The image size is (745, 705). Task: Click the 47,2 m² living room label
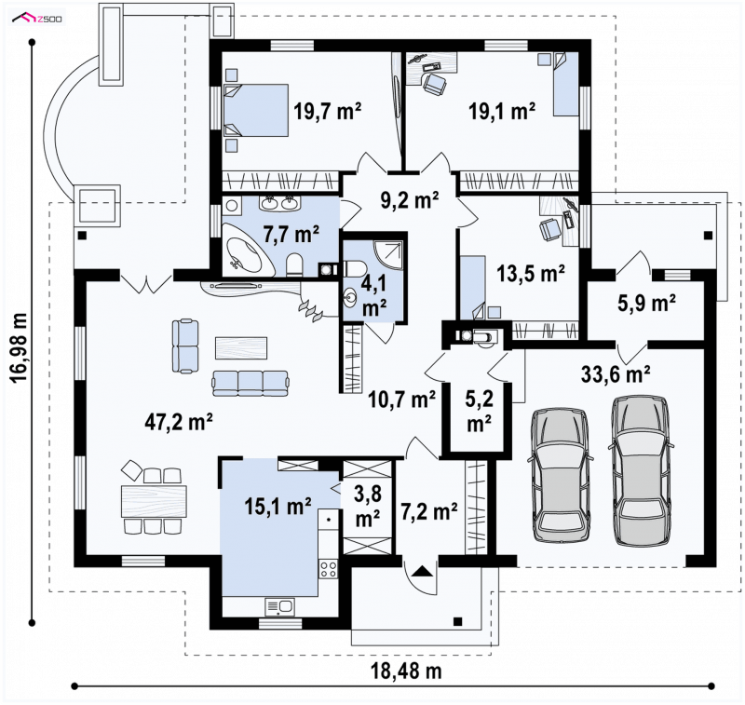click(179, 421)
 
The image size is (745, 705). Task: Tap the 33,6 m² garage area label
click(616, 373)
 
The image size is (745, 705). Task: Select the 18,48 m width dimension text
click(406, 671)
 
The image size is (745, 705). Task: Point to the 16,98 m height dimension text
click(19, 347)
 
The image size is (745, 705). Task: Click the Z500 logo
click(39, 19)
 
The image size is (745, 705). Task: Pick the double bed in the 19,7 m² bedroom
click(256, 111)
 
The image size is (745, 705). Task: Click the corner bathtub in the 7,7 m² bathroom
click(249, 253)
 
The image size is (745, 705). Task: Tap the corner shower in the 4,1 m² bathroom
click(389, 255)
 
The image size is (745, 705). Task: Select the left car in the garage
click(560, 475)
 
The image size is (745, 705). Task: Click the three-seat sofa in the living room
click(251, 383)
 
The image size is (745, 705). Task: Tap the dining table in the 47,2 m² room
click(154, 501)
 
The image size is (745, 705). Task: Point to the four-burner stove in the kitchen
click(329, 569)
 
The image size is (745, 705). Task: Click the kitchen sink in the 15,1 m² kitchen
click(280, 606)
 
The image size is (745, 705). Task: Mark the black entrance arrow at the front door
click(422, 571)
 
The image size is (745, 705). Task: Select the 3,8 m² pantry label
click(367, 506)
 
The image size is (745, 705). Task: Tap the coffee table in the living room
click(241, 347)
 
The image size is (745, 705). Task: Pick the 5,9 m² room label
click(646, 303)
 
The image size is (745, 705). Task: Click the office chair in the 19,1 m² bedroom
click(435, 84)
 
